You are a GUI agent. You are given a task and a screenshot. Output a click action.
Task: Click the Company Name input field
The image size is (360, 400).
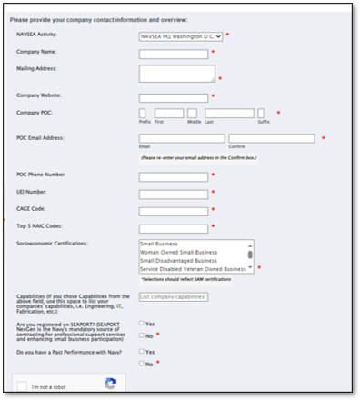coord(174,54)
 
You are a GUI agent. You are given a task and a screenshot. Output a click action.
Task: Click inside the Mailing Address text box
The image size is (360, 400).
coord(176,74)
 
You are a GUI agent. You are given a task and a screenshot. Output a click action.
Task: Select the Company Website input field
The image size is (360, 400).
coord(174,97)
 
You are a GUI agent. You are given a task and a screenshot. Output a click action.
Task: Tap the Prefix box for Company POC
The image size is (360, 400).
coord(143,114)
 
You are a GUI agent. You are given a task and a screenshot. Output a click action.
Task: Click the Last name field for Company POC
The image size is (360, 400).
coord(228,114)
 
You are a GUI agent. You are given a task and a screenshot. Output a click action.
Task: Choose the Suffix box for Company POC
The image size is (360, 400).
coord(265,114)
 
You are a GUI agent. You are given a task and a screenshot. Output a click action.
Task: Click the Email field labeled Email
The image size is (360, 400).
coord(182,139)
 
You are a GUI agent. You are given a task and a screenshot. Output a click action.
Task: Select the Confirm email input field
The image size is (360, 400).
coord(271,139)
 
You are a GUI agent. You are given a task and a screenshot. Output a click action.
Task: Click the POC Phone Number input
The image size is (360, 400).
coord(174,175)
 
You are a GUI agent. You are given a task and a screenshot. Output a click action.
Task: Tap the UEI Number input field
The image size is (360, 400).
coord(174,193)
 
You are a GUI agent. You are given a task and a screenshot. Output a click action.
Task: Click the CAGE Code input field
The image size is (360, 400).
coord(174,210)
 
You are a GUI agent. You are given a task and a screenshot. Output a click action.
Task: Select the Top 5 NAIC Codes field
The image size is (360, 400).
coord(174,227)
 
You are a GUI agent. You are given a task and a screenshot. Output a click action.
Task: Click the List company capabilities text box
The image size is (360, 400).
coord(174,297)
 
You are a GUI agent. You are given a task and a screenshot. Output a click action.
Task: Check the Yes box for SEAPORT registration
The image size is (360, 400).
coord(142,324)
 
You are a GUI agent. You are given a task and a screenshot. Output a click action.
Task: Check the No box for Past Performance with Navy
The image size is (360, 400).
coord(142,364)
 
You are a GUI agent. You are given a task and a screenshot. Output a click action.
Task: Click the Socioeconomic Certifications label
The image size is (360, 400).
coord(52,245)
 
